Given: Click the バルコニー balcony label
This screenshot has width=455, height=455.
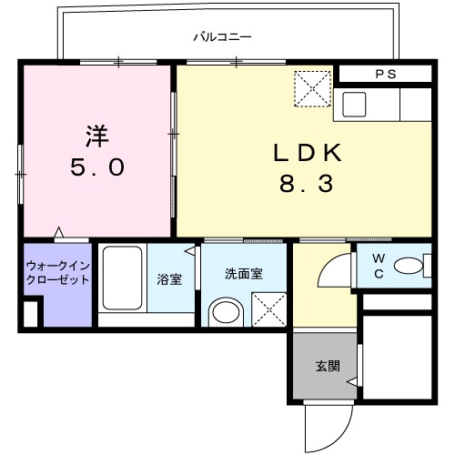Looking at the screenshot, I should (222, 37).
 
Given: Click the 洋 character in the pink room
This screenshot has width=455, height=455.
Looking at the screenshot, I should (97, 136).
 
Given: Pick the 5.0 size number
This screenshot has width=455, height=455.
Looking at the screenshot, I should (97, 168).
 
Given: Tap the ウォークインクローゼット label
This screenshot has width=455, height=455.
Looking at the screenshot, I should (57, 272).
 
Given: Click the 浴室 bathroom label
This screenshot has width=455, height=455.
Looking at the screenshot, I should (168, 280).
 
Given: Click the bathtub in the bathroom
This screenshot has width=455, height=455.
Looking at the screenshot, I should (120, 278).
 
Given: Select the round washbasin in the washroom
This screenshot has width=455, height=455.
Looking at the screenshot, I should (224, 314).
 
